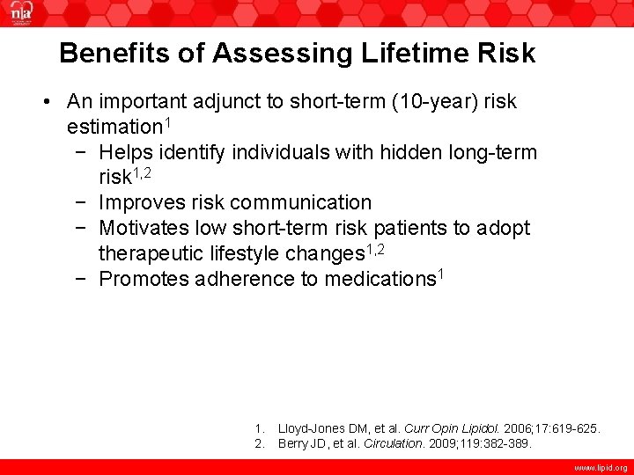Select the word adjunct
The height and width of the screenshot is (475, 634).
(x=224, y=102)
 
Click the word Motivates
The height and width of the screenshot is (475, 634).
(x=144, y=229)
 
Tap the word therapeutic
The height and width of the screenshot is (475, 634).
(x=154, y=254)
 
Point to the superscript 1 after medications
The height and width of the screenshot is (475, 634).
(x=441, y=274)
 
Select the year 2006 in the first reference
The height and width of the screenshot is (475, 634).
(x=518, y=429)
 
